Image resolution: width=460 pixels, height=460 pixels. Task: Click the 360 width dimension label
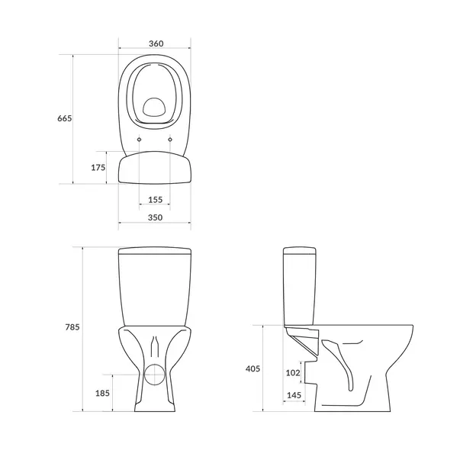155,43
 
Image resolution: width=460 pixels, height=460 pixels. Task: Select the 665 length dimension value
65,119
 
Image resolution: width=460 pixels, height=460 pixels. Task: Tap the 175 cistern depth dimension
98,168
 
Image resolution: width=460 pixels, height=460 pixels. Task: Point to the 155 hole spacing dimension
155,199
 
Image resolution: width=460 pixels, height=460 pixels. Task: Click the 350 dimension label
155,217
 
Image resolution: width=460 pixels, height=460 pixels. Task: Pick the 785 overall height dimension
72,327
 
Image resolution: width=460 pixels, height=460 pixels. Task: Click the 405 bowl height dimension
253,368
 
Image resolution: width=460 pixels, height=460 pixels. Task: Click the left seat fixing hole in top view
140,140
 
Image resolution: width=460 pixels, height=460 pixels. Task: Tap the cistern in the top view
155,168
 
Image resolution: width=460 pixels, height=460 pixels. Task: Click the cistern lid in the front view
155,250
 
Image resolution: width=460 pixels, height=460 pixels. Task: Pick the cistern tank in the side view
300,290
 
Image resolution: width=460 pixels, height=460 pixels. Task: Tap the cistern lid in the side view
300,250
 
